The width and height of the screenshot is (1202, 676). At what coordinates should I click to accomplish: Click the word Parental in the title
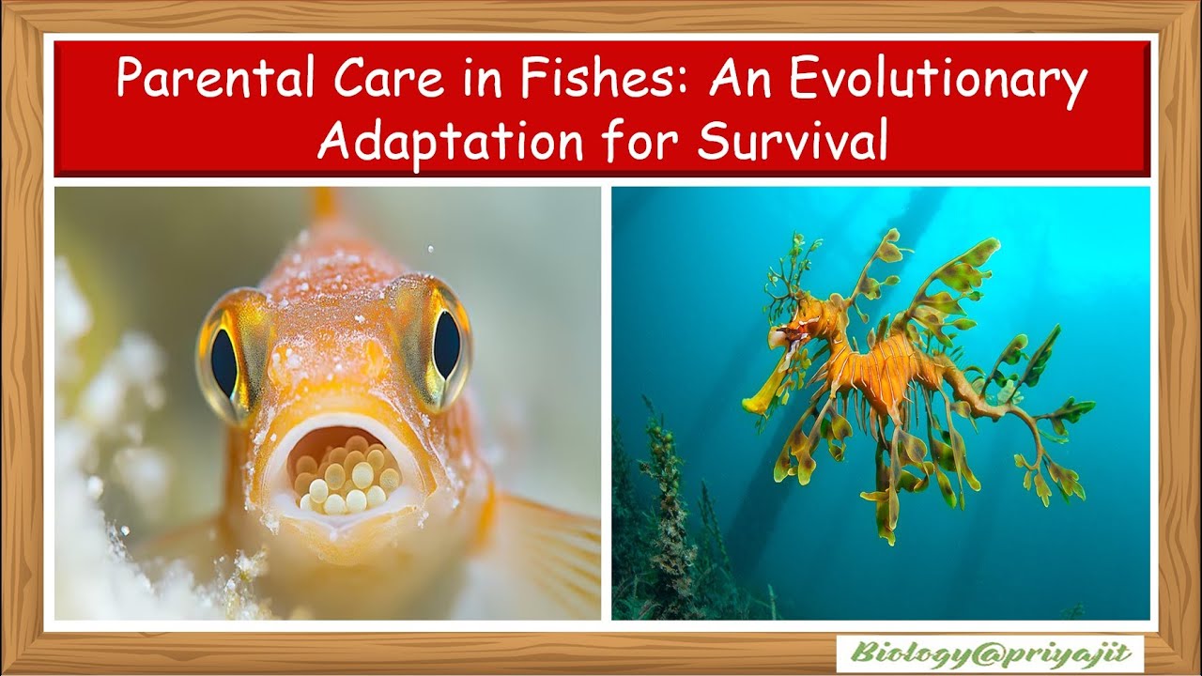tap(201, 81)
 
